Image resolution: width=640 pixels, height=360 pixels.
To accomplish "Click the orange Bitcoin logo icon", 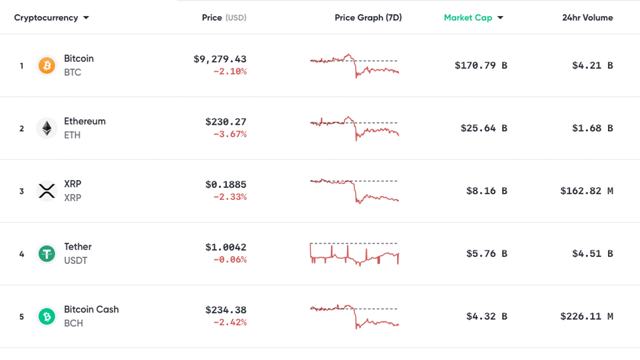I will coord(47,65).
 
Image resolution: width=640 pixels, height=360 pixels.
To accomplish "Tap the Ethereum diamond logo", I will coord(47,128).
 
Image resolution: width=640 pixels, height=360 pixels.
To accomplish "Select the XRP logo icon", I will coord(47,191).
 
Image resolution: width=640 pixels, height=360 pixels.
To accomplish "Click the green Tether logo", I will coord(47,254).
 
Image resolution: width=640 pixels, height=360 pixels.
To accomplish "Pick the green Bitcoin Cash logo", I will coord(47,316).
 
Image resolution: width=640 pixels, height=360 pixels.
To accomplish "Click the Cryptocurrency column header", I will coord(46,18).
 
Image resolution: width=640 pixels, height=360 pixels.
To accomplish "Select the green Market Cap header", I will coord(468,18).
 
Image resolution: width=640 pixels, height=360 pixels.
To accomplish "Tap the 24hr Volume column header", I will coord(587,18).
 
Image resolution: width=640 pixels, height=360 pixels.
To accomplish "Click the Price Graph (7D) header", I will coord(368,18).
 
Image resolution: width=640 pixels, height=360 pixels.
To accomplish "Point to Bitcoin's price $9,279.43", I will coord(220,59).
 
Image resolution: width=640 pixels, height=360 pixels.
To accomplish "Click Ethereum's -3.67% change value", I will coord(230,134).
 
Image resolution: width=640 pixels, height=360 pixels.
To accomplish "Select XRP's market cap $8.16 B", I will coord(486,191).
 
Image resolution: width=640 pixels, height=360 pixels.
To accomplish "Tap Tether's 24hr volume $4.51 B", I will coord(592,254).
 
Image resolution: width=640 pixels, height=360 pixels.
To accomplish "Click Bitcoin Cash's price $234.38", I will coord(225,310).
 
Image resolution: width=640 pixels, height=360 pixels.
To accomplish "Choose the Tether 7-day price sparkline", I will coord(354,254).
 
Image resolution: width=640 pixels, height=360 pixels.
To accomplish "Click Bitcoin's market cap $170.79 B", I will coord(481,65).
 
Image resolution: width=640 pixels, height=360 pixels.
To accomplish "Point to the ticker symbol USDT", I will coord(75,260).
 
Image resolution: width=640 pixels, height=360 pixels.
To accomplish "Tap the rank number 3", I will coord(21,191).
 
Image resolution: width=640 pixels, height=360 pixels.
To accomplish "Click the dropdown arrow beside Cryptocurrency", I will coord(86,18).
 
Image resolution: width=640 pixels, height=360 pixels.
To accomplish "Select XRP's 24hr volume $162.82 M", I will coord(586,191).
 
